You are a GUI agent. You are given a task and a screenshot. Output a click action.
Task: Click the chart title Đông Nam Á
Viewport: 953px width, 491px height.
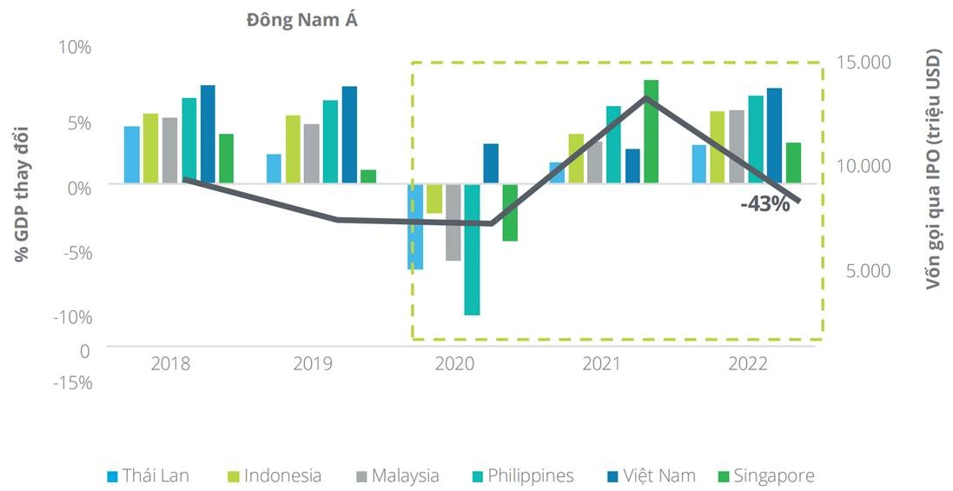click(301, 21)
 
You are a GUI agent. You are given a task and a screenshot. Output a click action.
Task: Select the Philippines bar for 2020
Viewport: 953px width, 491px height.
click(472, 249)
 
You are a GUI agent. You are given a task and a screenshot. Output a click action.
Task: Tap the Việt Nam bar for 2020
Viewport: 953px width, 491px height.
click(491, 163)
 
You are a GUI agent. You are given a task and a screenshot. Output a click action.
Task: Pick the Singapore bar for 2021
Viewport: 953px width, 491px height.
click(651, 131)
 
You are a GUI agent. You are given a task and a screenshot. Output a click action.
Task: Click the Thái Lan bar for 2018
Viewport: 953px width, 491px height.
click(132, 155)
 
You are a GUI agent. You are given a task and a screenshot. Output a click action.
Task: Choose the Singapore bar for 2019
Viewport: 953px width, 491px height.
click(368, 176)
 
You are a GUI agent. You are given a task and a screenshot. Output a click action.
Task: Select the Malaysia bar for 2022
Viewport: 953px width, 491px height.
click(736, 147)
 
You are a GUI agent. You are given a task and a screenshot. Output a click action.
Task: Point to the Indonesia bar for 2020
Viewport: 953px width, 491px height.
click(434, 198)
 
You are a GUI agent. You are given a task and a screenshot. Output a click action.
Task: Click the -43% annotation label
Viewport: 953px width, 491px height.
click(764, 205)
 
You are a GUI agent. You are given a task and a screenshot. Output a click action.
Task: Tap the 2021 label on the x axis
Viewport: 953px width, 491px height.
click(600, 364)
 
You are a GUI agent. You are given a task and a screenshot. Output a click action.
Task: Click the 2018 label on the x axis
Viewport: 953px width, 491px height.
click(170, 364)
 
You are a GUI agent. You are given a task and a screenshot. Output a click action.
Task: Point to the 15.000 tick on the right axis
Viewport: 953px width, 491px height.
click(863, 63)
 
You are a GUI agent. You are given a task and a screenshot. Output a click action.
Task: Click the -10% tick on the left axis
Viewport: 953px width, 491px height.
click(73, 317)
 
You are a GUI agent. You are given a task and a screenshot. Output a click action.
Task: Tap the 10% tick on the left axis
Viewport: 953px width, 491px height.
click(75, 47)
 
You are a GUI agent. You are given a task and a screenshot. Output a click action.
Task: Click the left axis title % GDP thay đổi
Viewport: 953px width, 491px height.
click(21, 194)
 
